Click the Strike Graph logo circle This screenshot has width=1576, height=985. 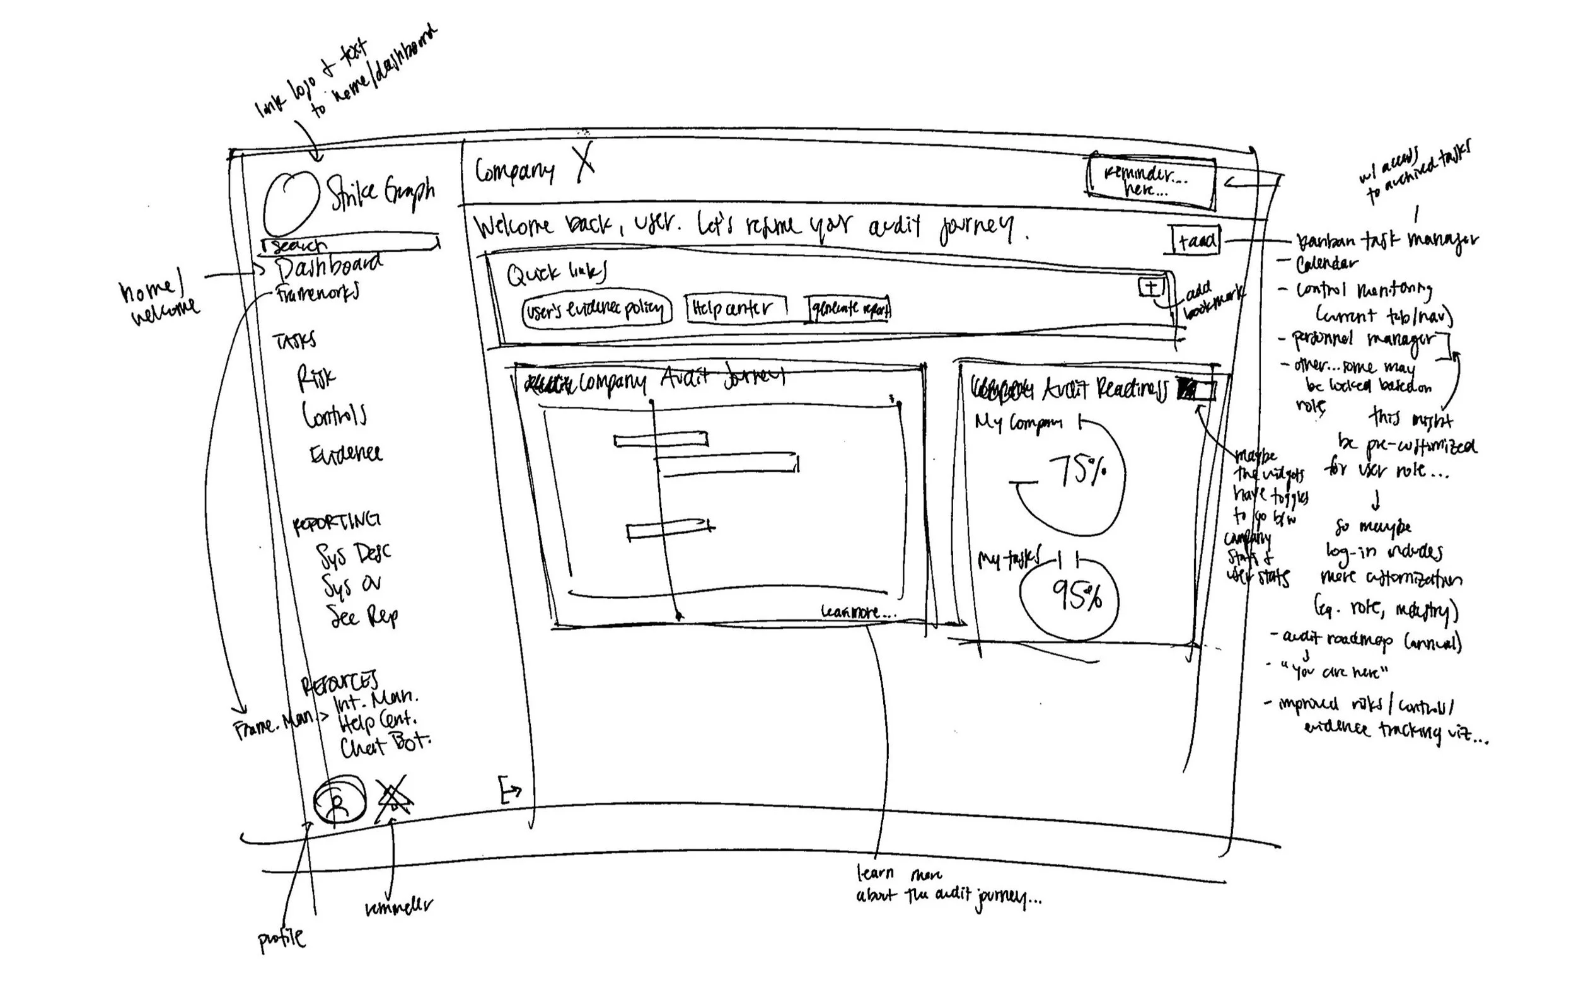(x=291, y=202)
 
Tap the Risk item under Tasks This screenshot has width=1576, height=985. (x=316, y=377)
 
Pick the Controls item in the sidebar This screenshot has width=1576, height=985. (x=333, y=415)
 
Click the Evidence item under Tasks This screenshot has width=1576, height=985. (x=346, y=453)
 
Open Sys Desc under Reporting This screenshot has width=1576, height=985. (x=353, y=554)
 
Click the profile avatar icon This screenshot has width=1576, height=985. (x=339, y=800)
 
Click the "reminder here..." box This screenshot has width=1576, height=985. (x=1150, y=180)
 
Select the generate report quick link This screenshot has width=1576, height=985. (x=849, y=309)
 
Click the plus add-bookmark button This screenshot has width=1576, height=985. (x=1150, y=288)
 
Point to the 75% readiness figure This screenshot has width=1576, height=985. (x=1078, y=470)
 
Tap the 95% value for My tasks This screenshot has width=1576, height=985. (x=1076, y=595)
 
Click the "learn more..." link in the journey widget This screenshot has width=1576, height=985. (x=857, y=612)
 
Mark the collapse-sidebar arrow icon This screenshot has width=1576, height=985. (x=509, y=790)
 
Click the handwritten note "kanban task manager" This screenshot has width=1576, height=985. (x=1386, y=241)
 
